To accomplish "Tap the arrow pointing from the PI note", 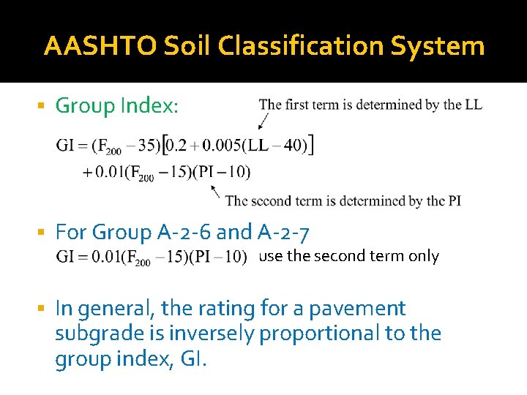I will coord(215,191).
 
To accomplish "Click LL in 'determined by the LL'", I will coord(473,105).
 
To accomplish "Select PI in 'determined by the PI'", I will coord(452,200).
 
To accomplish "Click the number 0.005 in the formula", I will coord(217,146).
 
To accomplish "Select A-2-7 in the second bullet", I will coord(284,233).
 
